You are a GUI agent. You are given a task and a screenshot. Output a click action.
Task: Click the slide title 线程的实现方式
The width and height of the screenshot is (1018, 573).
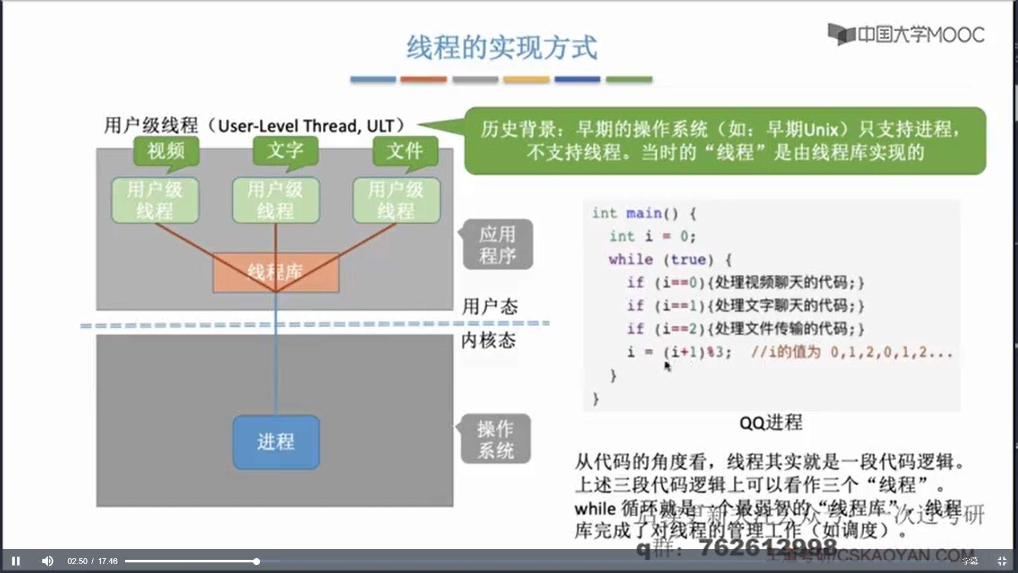tap(502, 48)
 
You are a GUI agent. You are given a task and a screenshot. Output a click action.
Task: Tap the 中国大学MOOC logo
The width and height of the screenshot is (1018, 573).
tap(906, 34)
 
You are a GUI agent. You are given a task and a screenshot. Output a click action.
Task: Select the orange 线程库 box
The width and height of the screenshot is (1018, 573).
tap(276, 272)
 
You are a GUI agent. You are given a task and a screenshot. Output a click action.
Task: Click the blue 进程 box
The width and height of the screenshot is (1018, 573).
tap(276, 441)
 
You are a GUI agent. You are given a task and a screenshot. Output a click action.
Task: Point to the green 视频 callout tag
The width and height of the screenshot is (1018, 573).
tap(166, 151)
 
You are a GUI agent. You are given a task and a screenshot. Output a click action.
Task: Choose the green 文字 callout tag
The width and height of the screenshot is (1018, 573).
tap(285, 151)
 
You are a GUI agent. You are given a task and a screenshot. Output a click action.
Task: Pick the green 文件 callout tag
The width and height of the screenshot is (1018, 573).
tap(405, 151)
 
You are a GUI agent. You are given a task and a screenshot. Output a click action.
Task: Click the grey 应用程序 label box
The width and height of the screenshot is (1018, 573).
tap(497, 245)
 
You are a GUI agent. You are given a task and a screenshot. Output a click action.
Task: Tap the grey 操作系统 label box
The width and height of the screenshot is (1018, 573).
tap(495, 439)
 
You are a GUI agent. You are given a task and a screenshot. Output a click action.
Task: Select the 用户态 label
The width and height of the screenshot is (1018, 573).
tap(489, 307)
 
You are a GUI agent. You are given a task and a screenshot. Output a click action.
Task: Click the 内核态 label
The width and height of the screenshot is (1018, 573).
tap(488, 340)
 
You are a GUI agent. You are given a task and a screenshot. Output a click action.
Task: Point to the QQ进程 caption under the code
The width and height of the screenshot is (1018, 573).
tap(770, 423)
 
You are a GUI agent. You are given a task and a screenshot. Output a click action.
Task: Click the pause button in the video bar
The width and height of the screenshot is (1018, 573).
tap(16, 561)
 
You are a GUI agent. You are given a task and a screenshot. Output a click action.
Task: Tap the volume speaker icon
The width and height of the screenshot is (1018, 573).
tap(47, 561)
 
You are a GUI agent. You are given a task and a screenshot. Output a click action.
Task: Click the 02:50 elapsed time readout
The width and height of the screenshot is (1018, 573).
tap(77, 561)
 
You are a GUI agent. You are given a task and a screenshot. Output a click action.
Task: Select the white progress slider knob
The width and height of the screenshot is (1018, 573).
tap(257, 561)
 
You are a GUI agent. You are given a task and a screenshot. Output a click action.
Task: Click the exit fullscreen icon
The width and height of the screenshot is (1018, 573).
tap(1002, 561)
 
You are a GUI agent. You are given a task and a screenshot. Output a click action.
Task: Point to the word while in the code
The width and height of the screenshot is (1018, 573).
tap(630, 259)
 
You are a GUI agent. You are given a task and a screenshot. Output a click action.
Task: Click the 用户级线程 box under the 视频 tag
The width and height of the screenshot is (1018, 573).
tap(155, 200)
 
